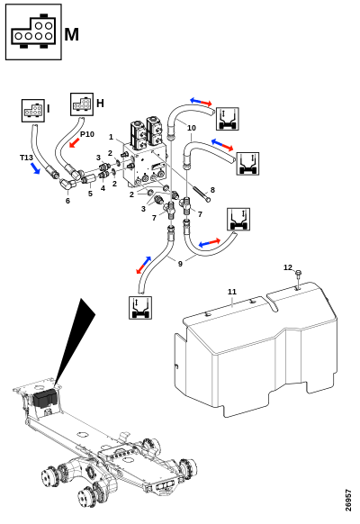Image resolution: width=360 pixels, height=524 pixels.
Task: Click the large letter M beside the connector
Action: click(x=71, y=34)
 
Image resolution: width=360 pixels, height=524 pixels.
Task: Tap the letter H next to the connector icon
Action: click(x=100, y=104)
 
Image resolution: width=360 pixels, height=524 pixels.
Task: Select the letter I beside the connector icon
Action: click(x=49, y=109)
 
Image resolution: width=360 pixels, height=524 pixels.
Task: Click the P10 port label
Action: click(x=87, y=134)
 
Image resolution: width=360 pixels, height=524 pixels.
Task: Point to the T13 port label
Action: click(x=26, y=158)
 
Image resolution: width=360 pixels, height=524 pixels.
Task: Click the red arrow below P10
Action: click(x=75, y=142)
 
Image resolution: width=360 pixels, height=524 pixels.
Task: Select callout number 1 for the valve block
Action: click(x=112, y=137)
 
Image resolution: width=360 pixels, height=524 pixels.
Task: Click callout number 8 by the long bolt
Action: click(x=212, y=190)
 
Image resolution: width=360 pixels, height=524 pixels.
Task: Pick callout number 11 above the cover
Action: click(x=232, y=292)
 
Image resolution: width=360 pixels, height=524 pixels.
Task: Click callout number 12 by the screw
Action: click(x=288, y=267)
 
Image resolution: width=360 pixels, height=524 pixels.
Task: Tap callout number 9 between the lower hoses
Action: click(x=180, y=264)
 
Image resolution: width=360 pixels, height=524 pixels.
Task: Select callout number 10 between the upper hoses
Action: click(x=192, y=128)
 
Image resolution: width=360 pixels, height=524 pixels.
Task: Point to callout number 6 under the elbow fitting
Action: click(x=67, y=201)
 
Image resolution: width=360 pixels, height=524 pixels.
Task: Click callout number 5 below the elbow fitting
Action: click(x=90, y=194)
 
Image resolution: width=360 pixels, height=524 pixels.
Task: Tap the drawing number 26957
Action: click(x=348, y=501)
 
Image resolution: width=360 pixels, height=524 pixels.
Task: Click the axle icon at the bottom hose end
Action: click(x=140, y=308)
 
